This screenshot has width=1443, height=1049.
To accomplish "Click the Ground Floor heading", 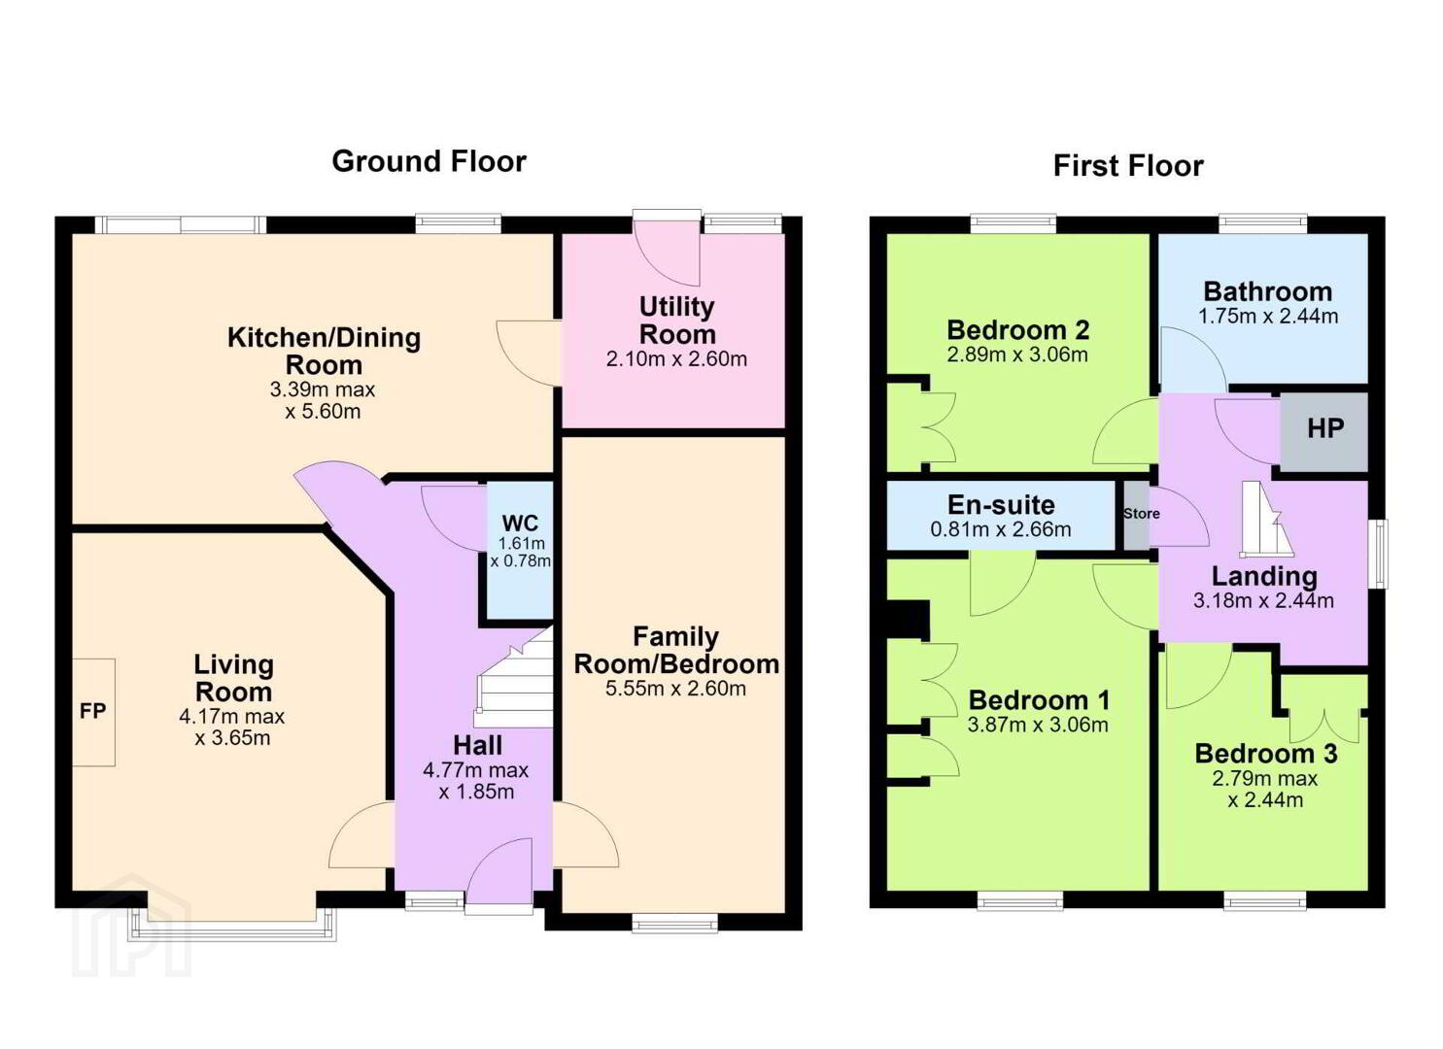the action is coord(429,161).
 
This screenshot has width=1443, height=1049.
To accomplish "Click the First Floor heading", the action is coord(1128,166).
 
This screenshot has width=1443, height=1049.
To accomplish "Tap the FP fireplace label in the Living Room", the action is coord(92,711).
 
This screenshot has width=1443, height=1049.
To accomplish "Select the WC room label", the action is coord(520,523).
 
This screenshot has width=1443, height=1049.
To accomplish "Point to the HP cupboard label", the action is coord(1325,428).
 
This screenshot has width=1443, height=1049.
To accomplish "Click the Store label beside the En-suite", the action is coord(1142,513).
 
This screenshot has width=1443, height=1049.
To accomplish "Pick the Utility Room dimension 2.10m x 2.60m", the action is coord(676,358).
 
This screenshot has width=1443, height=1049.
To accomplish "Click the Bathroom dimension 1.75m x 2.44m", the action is coord(1268,317).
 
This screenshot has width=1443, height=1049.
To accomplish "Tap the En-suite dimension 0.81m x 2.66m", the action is coord(1001,529).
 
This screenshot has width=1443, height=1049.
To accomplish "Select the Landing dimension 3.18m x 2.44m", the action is coord(1263,601).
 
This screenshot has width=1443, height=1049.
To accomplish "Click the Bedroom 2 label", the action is coord(1017,329).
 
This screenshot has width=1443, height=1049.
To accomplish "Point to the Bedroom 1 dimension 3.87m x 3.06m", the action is coord(1038,726).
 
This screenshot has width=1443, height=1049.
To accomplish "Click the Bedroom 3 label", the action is coord(1266,754).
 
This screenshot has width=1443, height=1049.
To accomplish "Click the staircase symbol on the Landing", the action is coord(1266,519).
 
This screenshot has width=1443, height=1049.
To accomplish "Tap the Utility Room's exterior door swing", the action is coord(668,253).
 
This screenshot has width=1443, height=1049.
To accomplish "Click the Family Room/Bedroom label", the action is coord(676,651).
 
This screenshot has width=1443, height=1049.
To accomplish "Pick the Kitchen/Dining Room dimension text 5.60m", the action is coord(323,412).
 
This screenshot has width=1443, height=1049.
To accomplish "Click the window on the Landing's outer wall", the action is coord(1381,554).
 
